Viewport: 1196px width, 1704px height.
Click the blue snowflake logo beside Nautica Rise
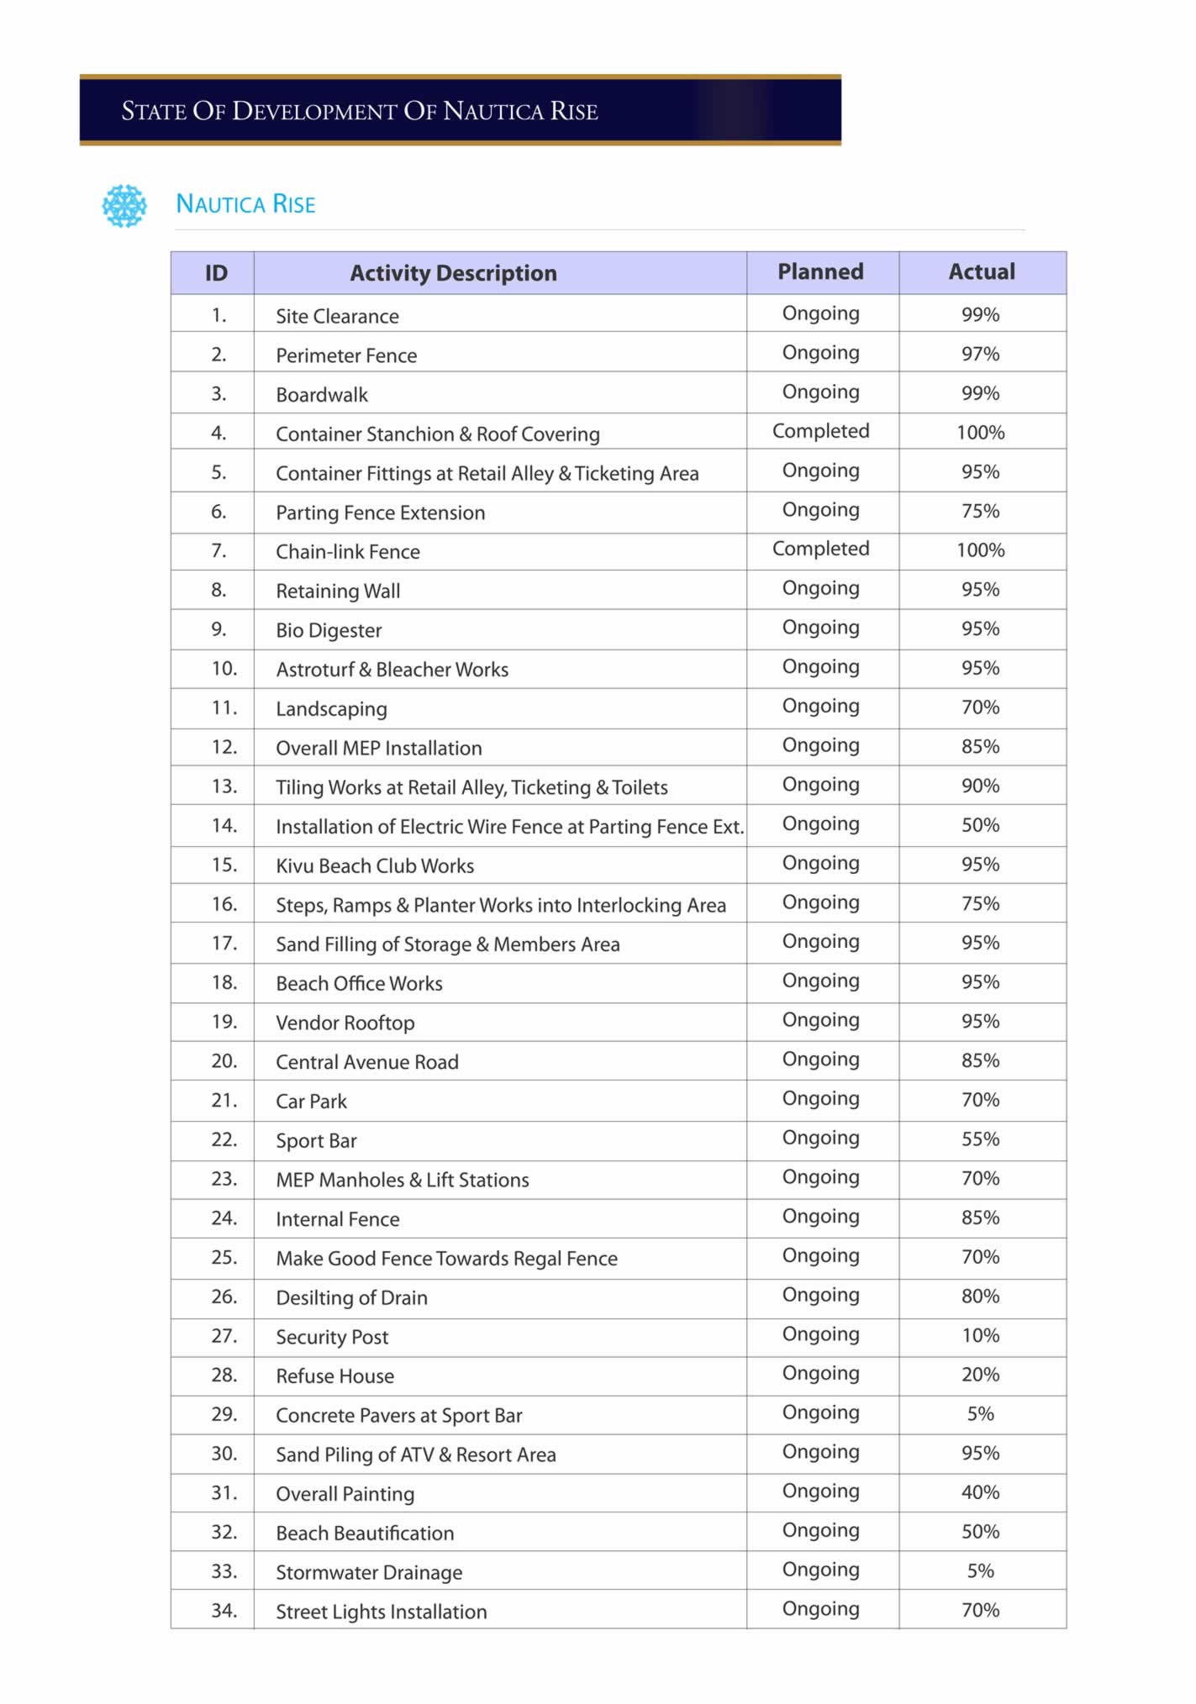pyautogui.click(x=124, y=206)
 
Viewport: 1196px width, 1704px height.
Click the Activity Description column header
pyautogui.click(x=453, y=273)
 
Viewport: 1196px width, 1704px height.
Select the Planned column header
pyautogui.click(x=820, y=271)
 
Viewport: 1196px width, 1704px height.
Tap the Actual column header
pyautogui.click(x=981, y=271)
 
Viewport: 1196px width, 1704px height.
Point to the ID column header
pyautogui.click(x=216, y=273)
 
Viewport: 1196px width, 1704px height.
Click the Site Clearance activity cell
pyautogui.click(x=337, y=317)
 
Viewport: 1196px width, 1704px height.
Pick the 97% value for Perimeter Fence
pyautogui.click(x=980, y=354)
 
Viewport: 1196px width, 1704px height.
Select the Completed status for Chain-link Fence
pyautogui.click(x=820, y=549)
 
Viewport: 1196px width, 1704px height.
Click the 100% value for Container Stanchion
pyautogui.click(x=980, y=433)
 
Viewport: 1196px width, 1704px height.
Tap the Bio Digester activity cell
pyautogui.click(x=329, y=631)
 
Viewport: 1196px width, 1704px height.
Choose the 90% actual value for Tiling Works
pyautogui.click(x=980, y=786)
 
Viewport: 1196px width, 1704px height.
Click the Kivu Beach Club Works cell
pyautogui.click(x=375, y=866)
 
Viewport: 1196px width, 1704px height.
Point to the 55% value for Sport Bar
pyautogui.click(x=980, y=1139)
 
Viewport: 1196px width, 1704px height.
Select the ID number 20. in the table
pyautogui.click(x=224, y=1061)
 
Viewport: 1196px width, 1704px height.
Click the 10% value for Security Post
pyautogui.click(x=980, y=1335)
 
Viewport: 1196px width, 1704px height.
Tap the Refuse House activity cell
pyautogui.click(x=335, y=1376)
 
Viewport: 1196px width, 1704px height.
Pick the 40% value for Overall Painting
pyautogui.click(x=980, y=1492)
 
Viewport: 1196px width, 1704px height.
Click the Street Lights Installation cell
pyautogui.click(x=382, y=1612)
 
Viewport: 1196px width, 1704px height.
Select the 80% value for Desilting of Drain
pyautogui.click(x=980, y=1296)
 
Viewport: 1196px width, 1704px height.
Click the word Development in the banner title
pyautogui.click(x=314, y=111)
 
